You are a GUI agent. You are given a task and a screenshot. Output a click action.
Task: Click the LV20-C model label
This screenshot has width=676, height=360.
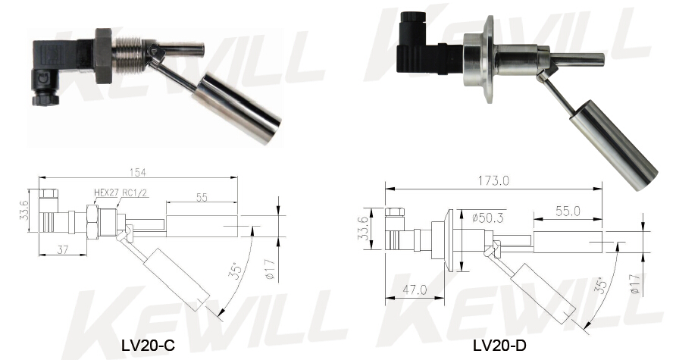(148, 345)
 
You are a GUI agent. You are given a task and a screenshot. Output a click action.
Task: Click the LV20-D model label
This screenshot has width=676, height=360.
(499, 345)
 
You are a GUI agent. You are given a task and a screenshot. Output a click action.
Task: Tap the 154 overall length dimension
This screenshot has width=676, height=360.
(137, 172)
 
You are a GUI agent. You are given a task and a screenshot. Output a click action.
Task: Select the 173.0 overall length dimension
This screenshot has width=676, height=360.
(493, 180)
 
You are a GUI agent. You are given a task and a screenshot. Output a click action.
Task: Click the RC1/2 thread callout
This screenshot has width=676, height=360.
(136, 193)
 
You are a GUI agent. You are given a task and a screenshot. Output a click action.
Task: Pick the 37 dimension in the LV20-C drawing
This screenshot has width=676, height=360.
(62, 249)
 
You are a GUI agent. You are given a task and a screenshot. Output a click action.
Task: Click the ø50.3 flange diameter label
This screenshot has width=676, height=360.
(487, 218)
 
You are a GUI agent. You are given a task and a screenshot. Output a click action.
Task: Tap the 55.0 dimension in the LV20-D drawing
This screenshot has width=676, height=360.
(567, 211)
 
